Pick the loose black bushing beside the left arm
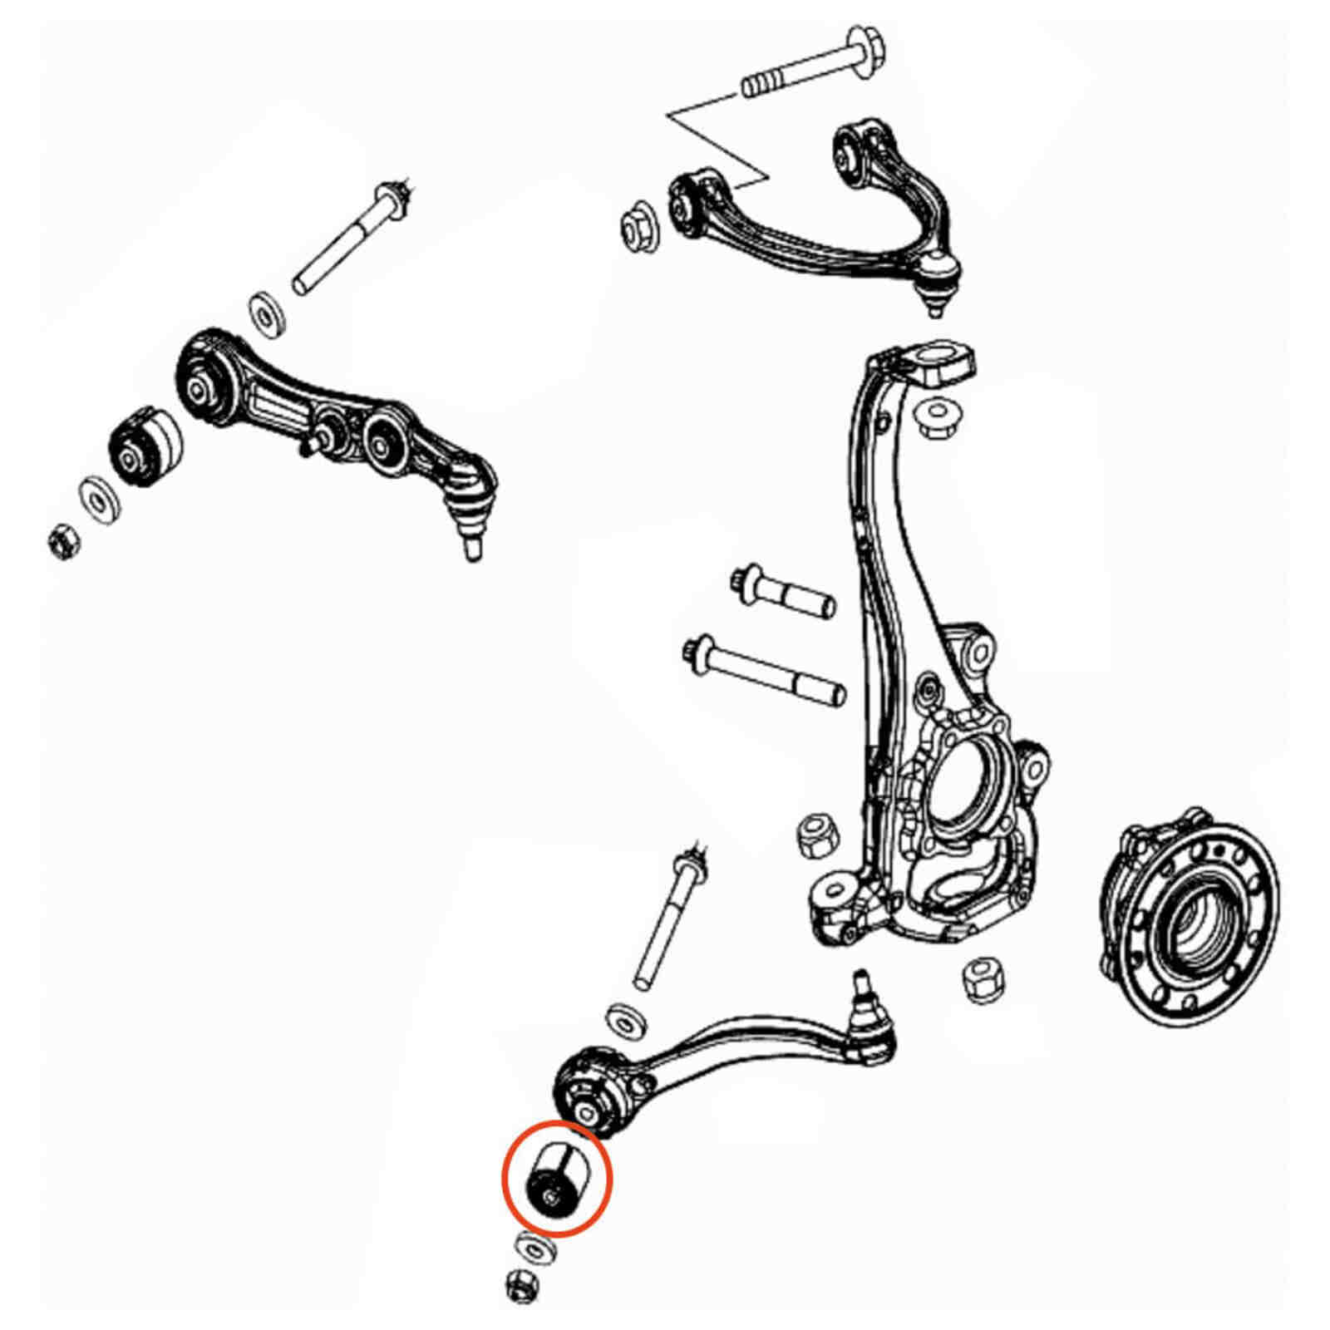[145, 446]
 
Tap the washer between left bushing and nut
[99, 500]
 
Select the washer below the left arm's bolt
[268, 313]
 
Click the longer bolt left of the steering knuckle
[765, 670]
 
